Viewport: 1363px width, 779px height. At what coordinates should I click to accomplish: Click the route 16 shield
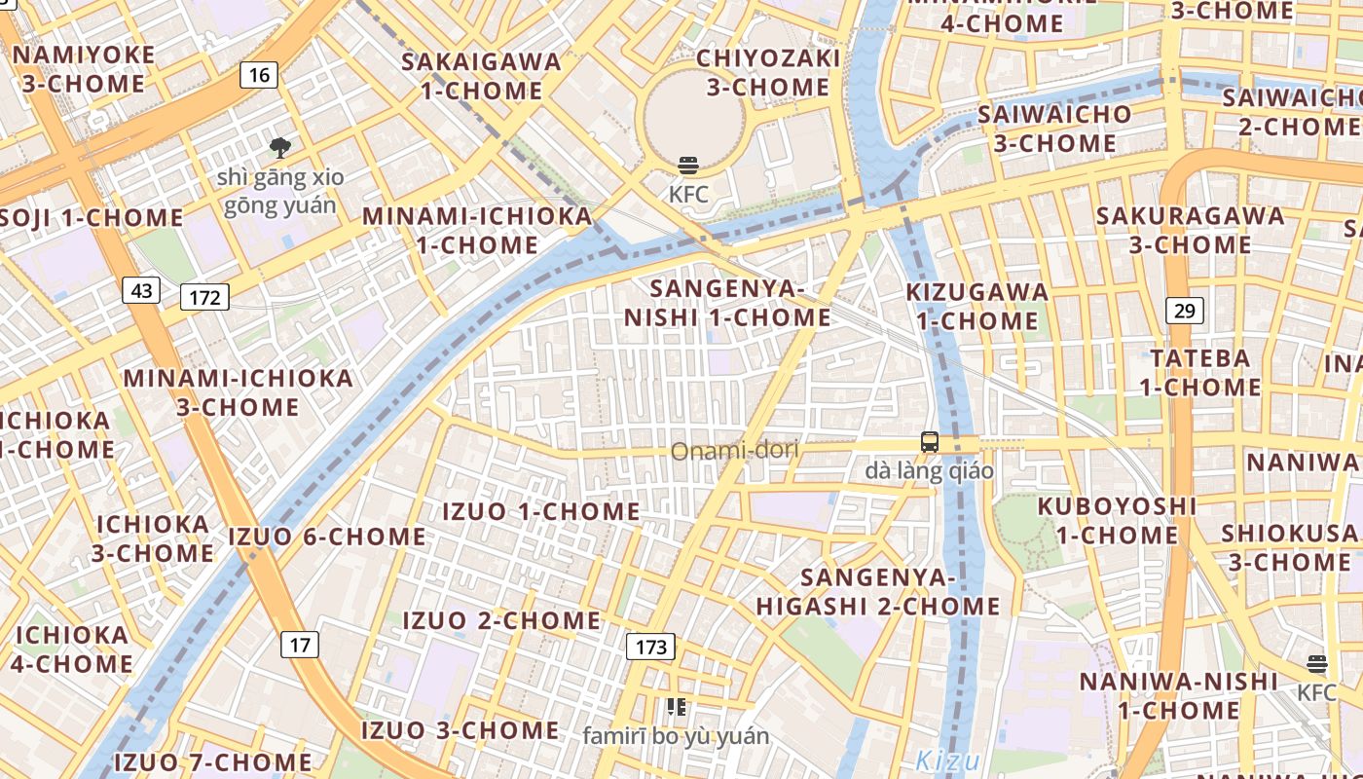(x=258, y=75)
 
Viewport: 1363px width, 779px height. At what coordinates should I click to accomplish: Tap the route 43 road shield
(x=141, y=290)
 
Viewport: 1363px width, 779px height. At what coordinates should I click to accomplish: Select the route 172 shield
(x=204, y=297)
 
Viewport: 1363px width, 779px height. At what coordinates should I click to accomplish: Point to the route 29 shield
(x=1185, y=311)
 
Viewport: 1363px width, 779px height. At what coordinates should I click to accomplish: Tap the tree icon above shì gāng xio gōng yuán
(x=280, y=148)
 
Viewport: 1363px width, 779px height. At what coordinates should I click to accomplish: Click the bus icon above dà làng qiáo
(x=930, y=442)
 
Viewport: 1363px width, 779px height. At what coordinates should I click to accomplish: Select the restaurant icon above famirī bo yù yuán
(x=676, y=707)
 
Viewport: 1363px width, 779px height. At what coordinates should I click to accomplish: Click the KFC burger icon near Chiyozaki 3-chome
(x=688, y=166)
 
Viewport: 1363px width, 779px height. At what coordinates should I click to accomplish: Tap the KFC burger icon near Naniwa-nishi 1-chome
(x=1317, y=664)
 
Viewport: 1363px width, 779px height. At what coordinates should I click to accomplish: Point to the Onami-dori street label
(x=734, y=450)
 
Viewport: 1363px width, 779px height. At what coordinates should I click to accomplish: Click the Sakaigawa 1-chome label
(x=482, y=76)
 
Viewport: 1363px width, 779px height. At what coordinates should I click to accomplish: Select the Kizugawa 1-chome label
(x=977, y=306)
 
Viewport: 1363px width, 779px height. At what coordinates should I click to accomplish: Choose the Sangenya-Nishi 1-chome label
(x=727, y=303)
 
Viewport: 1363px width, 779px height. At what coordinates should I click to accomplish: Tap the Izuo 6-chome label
(x=327, y=537)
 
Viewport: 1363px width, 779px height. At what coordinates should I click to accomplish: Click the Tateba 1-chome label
(x=1200, y=372)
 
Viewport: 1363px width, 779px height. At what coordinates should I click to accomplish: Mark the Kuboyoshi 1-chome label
(x=1117, y=520)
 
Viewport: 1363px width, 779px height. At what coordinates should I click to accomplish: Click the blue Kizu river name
(x=947, y=760)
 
